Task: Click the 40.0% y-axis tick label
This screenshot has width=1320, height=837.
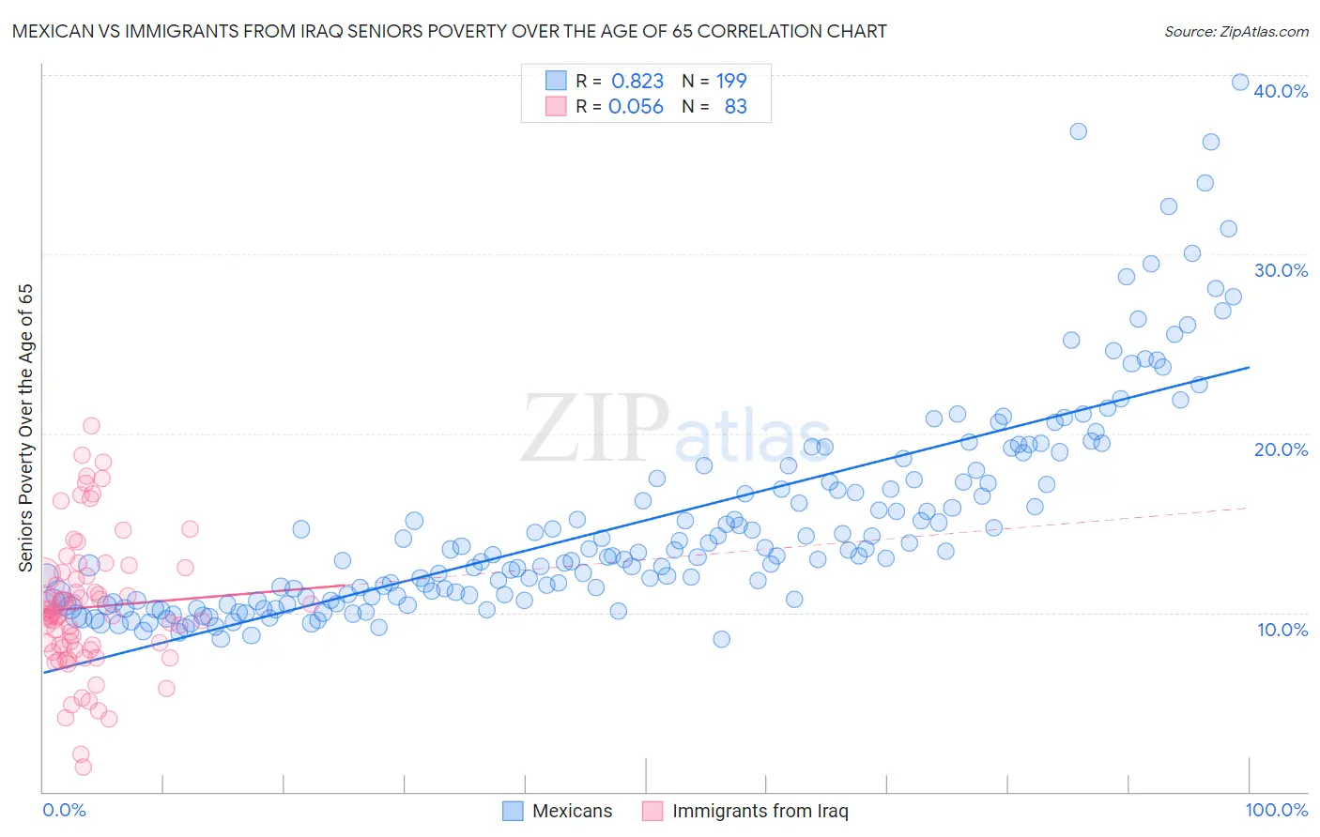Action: point(1281,91)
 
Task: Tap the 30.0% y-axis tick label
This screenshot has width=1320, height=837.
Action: point(1281,270)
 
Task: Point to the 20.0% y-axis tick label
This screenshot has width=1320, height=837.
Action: point(1281,449)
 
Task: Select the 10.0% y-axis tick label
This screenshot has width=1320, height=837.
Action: point(1282,630)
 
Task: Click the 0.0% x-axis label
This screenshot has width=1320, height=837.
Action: point(64,810)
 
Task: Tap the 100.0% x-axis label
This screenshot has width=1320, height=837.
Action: point(1276,810)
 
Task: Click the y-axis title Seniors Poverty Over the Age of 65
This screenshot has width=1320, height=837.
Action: point(25,427)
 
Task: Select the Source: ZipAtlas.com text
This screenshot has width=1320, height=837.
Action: point(1236,32)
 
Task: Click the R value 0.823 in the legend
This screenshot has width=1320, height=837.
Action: point(637,82)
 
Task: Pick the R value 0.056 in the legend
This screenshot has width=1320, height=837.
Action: point(636,107)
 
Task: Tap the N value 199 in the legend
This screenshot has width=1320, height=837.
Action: point(731,82)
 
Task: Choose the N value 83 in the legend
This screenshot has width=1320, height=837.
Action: point(735,107)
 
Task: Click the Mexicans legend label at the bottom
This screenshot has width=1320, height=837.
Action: point(572,811)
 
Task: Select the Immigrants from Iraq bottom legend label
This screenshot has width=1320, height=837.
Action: point(760,811)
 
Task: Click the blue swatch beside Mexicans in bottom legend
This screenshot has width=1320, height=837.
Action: point(513,811)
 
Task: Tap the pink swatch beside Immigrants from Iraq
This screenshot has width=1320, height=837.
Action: point(652,811)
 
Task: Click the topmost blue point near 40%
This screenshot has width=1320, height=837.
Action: point(1239,82)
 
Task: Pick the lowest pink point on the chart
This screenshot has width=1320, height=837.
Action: point(83,767)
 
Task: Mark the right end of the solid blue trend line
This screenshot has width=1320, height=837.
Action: point(1250,367)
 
